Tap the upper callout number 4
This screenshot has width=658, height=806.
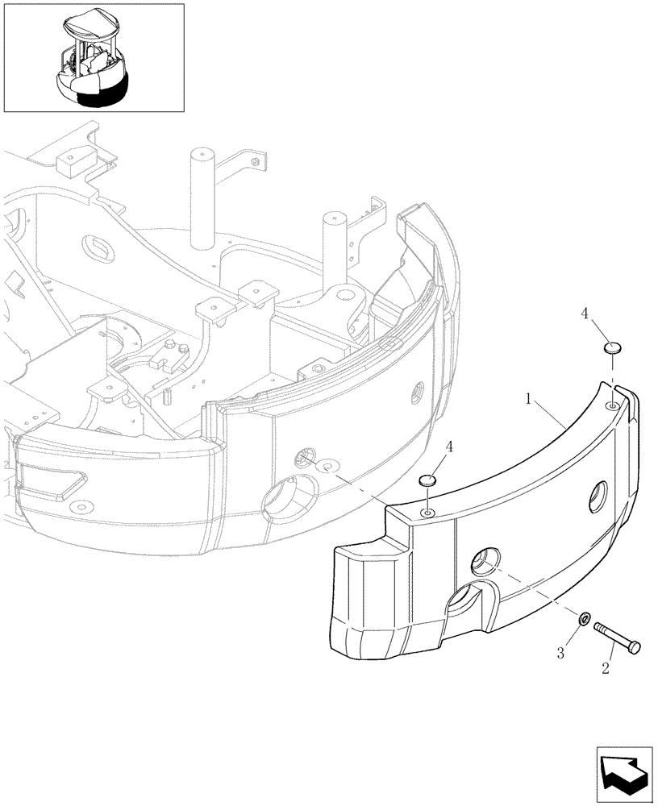click(584, 314)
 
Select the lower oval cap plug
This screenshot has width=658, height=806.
click(427, 481)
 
